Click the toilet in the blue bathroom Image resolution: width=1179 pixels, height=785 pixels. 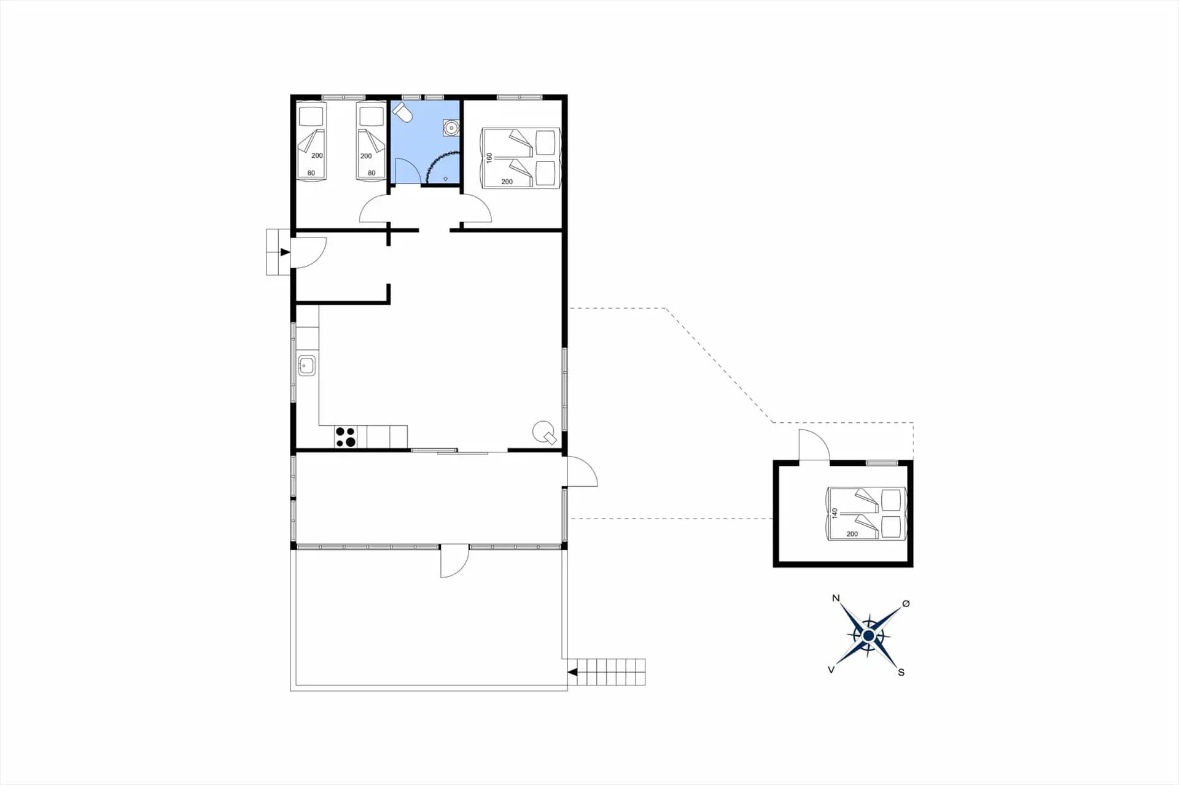click(x=402, y=112)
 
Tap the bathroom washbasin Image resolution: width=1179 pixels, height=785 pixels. click(x=451, y=128)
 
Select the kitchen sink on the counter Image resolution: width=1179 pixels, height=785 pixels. click(x=306, y=366)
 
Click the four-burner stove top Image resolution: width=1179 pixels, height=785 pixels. click(x=346, y=437)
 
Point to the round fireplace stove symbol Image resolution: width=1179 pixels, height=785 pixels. click(x=544, y=432)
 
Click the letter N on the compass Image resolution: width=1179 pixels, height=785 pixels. click(x=836, y=598)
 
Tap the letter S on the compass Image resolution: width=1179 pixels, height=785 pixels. click(x=901, y=672)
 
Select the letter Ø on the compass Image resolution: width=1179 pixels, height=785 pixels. click(x=906, y=604)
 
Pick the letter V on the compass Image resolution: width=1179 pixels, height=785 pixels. click(x=831, y=670)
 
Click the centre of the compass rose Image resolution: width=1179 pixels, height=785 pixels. click(x=868, y=635)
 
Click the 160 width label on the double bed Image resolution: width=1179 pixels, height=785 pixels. click(x=489, y=158)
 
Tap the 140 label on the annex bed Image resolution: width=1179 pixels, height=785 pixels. click(x=835, y=513)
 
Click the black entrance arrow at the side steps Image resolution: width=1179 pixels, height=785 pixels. click(x=285, y=252)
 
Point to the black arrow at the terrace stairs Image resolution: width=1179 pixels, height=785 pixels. click(x=572, y=673)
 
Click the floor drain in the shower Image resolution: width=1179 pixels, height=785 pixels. click(x=446, y=179)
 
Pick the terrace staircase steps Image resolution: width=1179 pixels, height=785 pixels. click(x=612, y=672)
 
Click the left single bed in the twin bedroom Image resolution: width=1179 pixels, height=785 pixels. click(x=311, y=141)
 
